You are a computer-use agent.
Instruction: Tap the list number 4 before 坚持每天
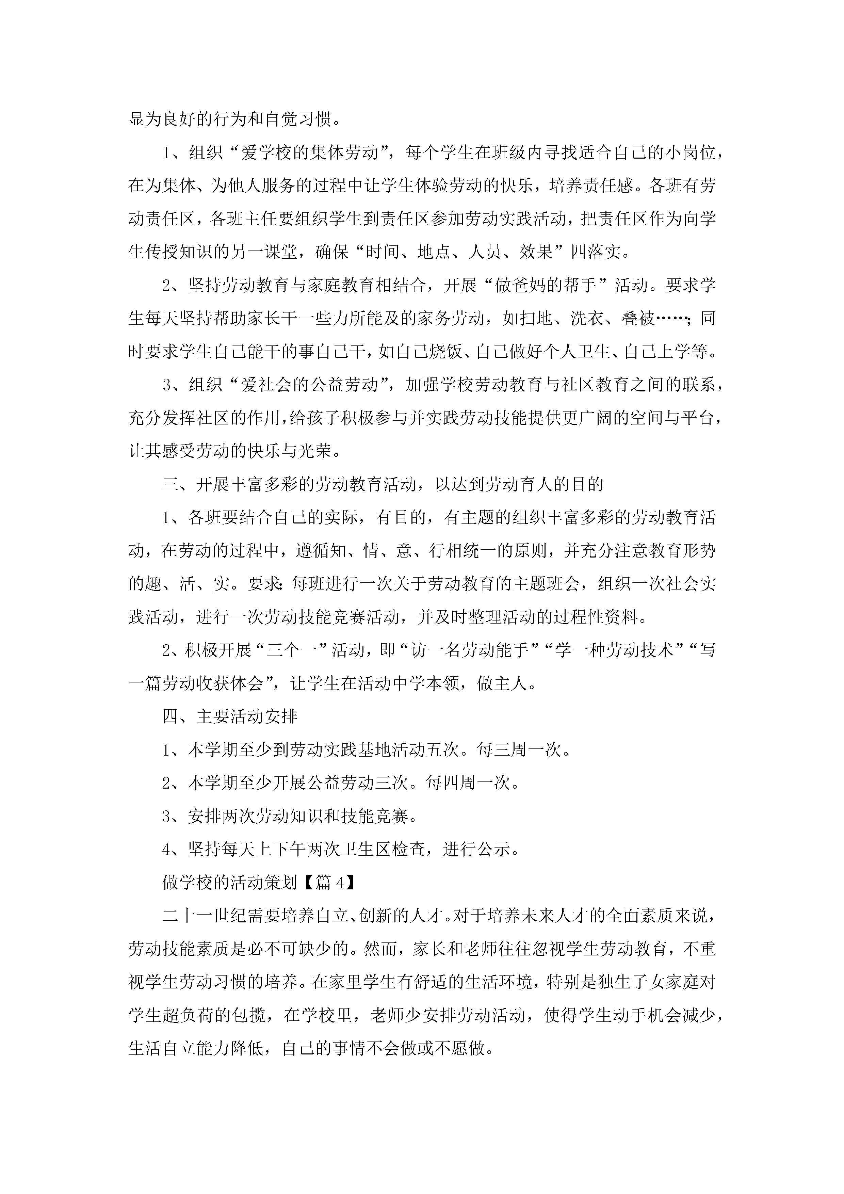click(166, 850)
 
